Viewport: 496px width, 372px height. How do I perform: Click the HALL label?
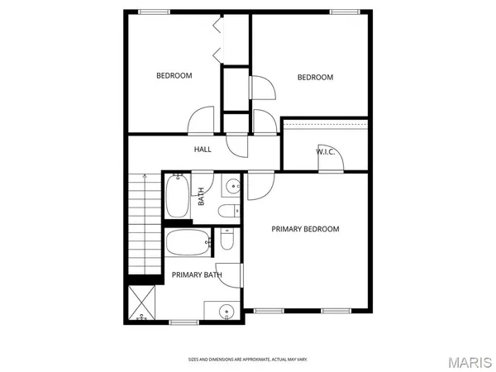(203, 150)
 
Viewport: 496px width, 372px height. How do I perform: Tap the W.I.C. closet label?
(325, 151)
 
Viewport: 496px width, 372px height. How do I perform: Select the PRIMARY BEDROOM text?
(306, 229)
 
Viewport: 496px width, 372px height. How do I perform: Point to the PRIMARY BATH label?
(197, 274)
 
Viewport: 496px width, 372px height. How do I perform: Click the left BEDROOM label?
(174, 76)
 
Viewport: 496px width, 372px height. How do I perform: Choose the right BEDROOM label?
(315, 78)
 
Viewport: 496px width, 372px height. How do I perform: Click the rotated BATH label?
(201, 198)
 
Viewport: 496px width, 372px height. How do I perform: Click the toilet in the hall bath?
(228, 212)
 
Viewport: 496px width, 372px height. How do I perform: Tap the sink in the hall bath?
(232, 187)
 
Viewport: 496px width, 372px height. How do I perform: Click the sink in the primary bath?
(226, 312)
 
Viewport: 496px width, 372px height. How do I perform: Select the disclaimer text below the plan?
(248, 360)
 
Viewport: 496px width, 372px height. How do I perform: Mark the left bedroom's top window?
(154, 11)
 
